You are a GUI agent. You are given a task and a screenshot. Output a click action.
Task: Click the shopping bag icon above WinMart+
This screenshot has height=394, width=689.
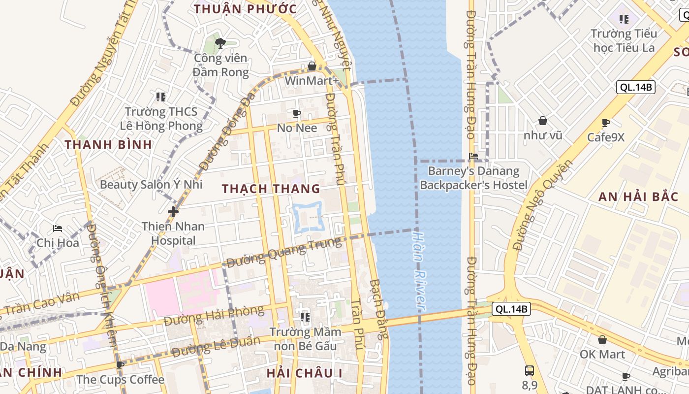tap(312, 66)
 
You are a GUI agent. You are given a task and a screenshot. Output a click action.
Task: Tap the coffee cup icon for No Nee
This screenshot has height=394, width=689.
tap(297, 114)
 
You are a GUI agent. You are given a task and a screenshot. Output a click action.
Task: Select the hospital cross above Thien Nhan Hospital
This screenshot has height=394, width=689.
tap(173, 212)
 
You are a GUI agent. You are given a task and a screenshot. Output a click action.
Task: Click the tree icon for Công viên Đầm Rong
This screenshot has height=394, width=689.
tap(220, 43)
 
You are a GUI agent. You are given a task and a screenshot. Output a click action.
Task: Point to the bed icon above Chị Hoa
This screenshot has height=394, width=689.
tap(58, 229)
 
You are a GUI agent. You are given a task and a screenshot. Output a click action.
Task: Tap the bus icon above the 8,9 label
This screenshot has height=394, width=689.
tap(530, 370)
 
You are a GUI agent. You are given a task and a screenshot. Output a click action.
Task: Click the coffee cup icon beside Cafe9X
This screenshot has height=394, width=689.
tap(606, 123)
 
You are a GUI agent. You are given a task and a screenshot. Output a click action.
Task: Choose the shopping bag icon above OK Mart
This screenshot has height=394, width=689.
tap(602, 340)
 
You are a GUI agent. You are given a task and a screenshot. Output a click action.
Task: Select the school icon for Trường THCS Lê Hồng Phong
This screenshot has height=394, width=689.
tap(161, 97)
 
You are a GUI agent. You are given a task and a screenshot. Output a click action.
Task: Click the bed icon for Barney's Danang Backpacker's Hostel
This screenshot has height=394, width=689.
tap(473, 156)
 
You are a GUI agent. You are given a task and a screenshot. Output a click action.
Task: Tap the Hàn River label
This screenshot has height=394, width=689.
tap(419, 271)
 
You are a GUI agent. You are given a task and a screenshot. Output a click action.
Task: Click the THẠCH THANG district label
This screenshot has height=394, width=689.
tap(271, 189)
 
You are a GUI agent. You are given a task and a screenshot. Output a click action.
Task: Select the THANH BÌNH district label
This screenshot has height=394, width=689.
tap(109, 145)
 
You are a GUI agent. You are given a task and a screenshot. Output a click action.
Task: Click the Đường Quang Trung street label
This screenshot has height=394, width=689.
tap(283, 252)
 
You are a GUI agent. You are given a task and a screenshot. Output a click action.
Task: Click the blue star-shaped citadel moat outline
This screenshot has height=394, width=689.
tap(307, 217)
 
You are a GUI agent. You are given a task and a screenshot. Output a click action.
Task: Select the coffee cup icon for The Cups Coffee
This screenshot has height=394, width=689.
tap(120, 365)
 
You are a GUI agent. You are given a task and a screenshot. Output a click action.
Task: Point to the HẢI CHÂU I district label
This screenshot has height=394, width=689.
tap(304, 373)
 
